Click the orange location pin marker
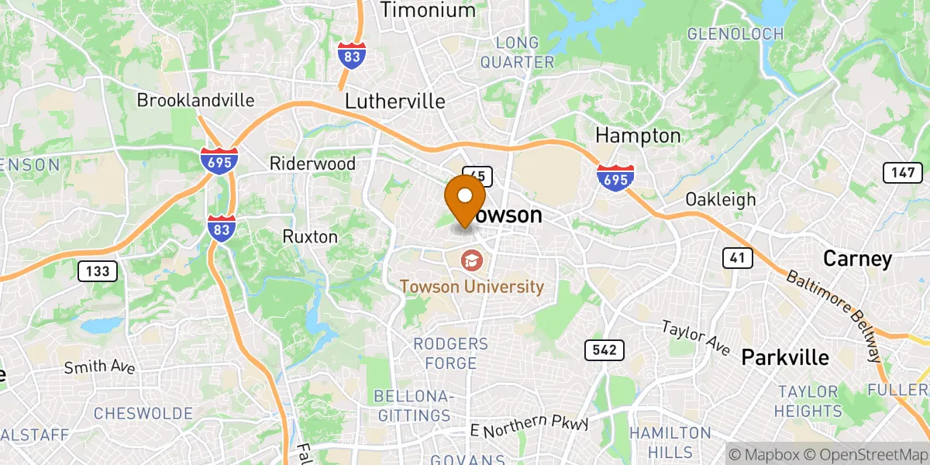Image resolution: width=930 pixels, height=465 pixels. (x=465, y=198)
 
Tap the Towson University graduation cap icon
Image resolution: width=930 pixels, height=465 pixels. (x=471, y=260)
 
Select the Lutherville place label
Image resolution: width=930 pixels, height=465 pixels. (x=394, y=102)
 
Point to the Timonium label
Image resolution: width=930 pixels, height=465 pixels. (x=428, y=11)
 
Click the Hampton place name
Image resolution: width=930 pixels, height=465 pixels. (x=638, y=136)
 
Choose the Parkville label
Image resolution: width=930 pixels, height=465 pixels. (x=785, y=357)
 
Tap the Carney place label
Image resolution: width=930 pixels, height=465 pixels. (x=857, y=259)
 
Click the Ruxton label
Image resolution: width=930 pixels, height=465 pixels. (x=310, y=236)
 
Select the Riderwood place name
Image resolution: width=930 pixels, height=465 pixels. (x=312, y=164)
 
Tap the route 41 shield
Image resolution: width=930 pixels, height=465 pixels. (x=736, y=258)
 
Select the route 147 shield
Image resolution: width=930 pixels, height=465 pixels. (x=902, y=173)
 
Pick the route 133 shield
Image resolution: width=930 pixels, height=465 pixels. (x=97, y=270)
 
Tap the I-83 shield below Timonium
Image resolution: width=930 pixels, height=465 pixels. (x=353, y=57)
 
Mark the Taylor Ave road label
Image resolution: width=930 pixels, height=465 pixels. (x=695, y=338)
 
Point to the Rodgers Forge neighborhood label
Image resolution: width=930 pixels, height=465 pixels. (x=450, y=351)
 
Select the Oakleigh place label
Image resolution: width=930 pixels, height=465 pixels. (x=720, y=199)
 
